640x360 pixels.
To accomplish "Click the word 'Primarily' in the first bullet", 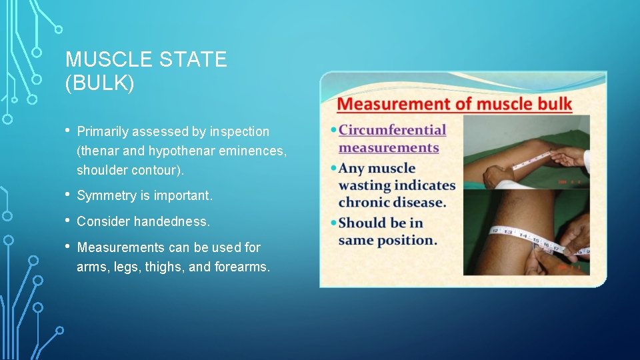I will [x=105, y=132].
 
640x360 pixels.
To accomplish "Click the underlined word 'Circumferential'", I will [x=392, y=129].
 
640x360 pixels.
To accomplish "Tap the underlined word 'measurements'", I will [x=389, y=147].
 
